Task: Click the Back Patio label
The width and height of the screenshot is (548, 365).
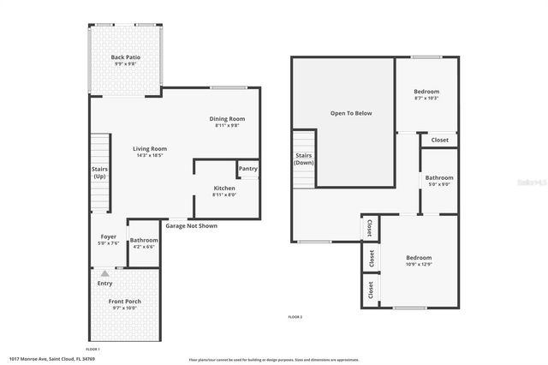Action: point(126,60)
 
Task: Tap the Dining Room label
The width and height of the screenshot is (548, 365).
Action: point(227,122)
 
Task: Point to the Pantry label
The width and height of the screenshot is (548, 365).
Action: point(247,169)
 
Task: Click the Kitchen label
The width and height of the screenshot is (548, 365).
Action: point(224,191)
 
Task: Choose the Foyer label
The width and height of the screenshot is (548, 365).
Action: point(109,239)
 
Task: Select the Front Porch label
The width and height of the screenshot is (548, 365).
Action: point(124,305)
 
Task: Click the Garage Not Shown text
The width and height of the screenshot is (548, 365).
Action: point(192,225)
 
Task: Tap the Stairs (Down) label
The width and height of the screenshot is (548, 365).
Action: point(304,159)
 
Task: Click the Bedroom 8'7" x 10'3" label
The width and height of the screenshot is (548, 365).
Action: point(426,94)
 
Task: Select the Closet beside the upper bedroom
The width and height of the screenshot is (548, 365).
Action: point(439,140)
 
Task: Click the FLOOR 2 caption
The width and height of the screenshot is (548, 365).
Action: point(295,317)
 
